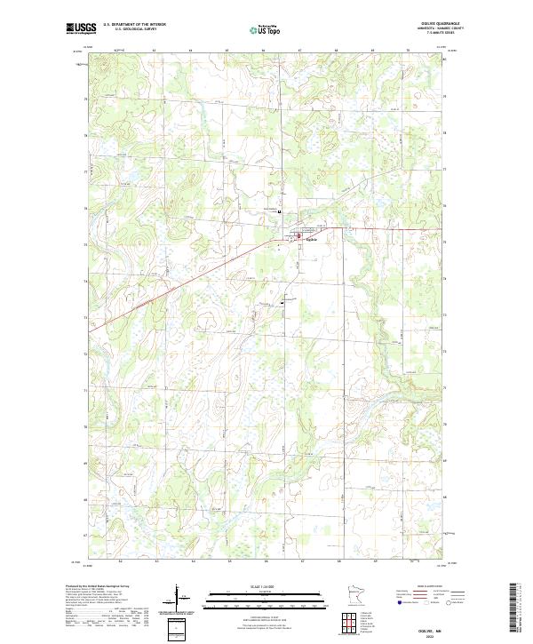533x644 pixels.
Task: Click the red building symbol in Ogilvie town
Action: point(298,235)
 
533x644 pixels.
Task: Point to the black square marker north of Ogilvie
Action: point(280,212)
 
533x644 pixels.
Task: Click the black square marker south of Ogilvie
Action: point(282,303)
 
